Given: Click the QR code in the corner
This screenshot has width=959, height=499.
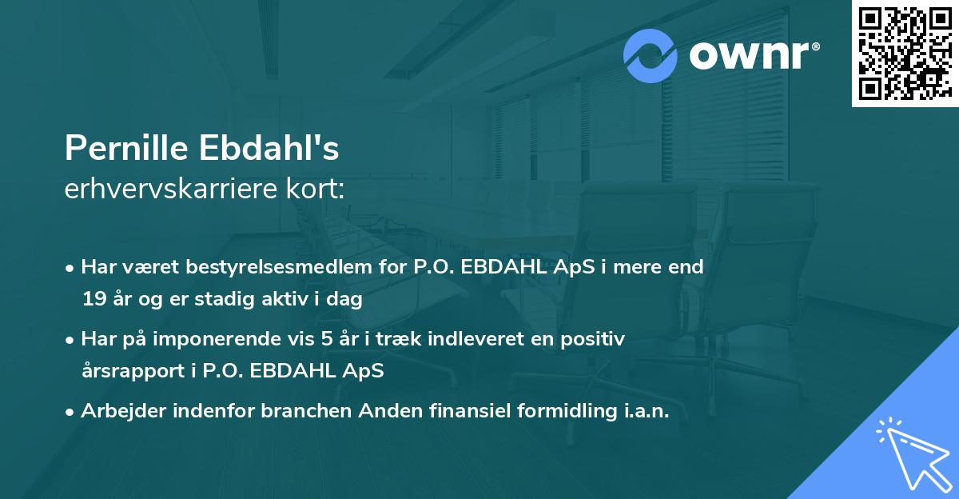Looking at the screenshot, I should click(905, 54).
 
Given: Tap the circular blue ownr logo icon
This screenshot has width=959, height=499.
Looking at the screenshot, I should click(651, 56).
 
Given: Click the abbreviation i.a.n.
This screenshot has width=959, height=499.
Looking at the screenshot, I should click(643, 411).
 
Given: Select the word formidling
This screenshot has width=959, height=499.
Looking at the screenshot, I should click(559, 411).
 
